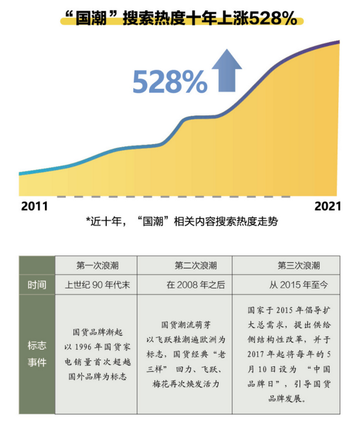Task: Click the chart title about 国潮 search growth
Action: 180,19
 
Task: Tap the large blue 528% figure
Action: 169,82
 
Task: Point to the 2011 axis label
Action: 34,206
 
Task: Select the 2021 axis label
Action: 328,206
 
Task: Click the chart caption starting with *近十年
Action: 182,222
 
